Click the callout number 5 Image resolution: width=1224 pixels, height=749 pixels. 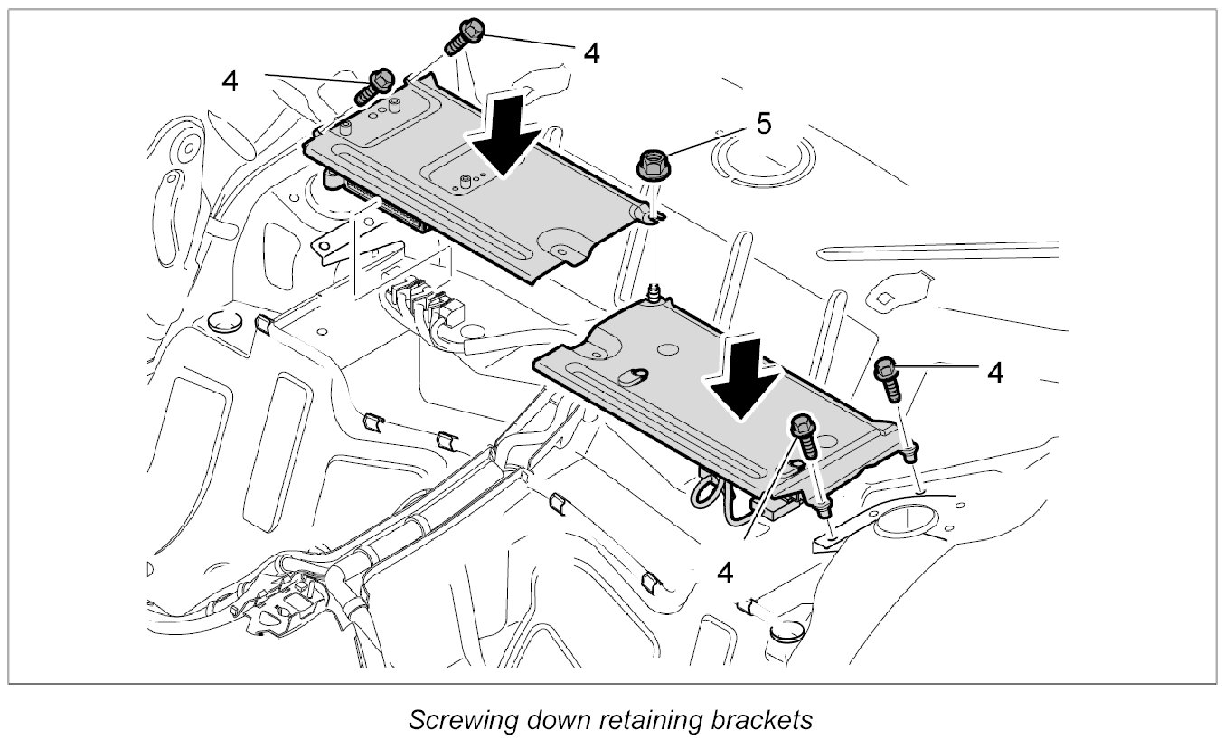click(x=764, y=125)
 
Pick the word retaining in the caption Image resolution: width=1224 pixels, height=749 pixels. click(x=642, y=720)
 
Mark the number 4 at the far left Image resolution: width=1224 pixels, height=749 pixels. click(x=231, y=81)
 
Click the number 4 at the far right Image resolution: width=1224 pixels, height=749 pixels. click(x=995, y=372)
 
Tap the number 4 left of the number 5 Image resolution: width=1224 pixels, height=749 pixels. click(x=590, y=52)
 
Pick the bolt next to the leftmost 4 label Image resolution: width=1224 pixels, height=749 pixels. click(x=375, y=86)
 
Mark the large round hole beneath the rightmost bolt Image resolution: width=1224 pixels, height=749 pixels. click(x=899, y=530)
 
